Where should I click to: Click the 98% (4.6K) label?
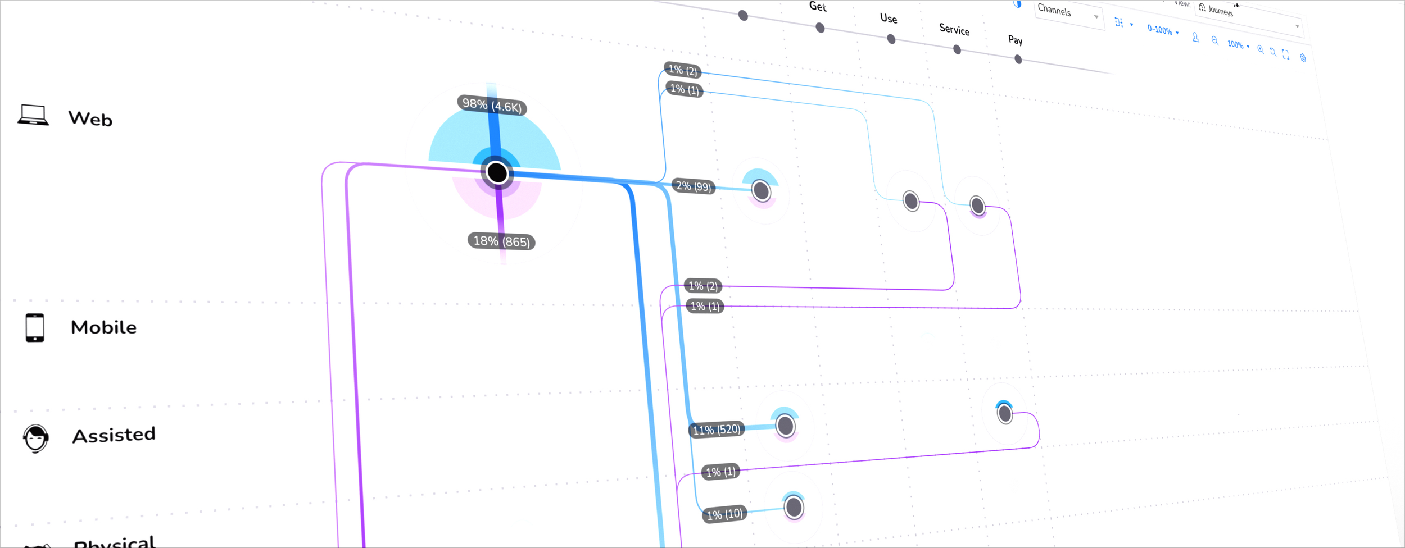pos(492,105)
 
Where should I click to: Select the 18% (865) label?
pos(501,241)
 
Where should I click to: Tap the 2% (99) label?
pos(694,186)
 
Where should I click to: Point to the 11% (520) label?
pos(717,430)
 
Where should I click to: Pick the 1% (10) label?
pos(724,514)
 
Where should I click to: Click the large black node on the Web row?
pos(497,172)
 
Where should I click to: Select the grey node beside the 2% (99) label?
pos(761,191)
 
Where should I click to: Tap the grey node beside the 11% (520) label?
pos(785,426)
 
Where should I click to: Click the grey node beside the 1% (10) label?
pos(794,508)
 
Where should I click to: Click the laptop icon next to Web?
pos(33,115)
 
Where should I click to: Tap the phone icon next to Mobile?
pos(35,327)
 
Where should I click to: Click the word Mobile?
pos(103,327)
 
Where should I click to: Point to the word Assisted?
pos(114,435)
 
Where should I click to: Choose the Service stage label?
pos(954,29)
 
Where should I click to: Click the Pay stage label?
pos(1015,40)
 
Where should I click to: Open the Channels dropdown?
pos(1067,13)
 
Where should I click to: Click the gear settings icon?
pos(1303,58)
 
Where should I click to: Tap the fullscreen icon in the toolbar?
pos(1286,54)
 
